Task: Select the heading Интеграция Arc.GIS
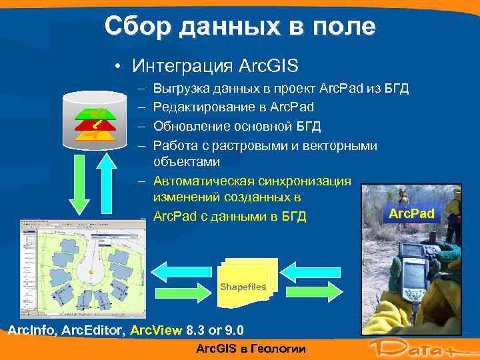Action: pos(215,66)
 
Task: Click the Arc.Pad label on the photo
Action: pos(411,214)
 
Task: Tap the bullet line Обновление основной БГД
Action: pos(237,126)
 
